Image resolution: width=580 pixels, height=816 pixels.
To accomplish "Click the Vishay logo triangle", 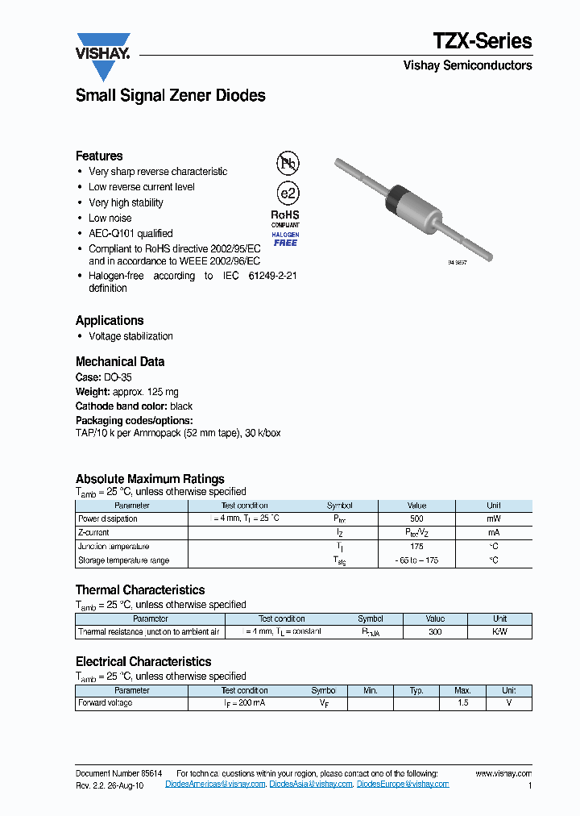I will click(103, 56).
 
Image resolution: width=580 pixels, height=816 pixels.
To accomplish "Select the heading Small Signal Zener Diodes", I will click(170, 95).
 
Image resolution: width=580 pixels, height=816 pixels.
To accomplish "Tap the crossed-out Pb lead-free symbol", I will click(287, 164).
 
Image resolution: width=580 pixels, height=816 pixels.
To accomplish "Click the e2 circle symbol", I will click(287, 194).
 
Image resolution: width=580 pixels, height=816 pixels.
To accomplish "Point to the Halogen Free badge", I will click(285, 239).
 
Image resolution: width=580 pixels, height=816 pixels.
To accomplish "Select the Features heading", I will click(99, 156).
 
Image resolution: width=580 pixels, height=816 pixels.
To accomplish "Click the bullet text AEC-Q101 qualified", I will click(130, 234).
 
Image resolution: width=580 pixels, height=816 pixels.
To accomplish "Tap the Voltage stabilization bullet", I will click(130, 336).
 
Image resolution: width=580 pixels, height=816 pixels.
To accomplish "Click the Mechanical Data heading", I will click(120, 361).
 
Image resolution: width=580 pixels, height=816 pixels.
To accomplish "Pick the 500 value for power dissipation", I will click(416, 519).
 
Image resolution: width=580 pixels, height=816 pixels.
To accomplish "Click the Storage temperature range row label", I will click(123, 560).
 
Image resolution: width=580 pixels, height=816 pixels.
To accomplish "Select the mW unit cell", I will click(493, 519).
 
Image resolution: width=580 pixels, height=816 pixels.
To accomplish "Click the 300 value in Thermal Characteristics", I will click(435, 632).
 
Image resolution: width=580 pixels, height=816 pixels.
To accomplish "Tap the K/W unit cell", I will click(499, 632).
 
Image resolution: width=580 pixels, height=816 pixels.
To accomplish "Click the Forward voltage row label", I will click(106, 703).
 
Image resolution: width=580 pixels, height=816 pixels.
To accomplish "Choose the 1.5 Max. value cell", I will click(462, 703).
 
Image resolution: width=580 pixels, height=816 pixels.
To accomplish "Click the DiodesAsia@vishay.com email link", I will click(311, 784).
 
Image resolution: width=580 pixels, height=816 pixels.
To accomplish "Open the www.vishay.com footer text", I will click(503, 773).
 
